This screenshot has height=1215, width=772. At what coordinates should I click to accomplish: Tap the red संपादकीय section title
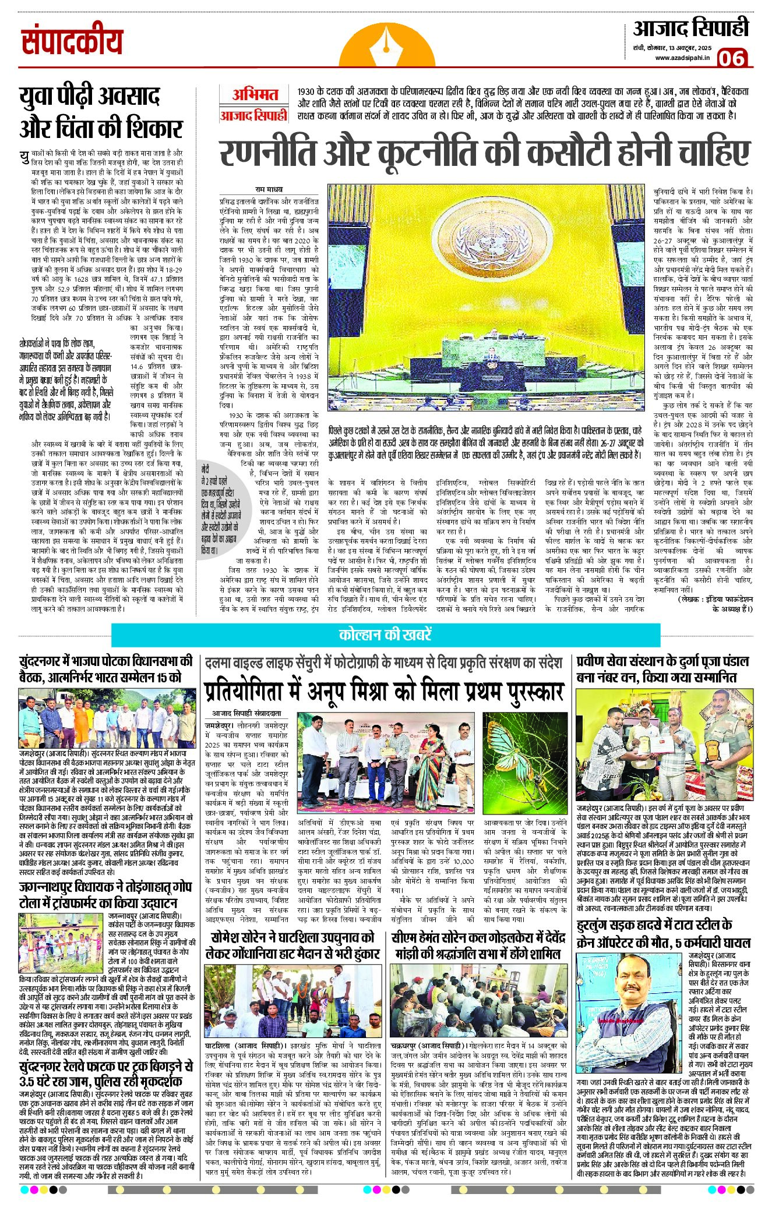coord(72,42)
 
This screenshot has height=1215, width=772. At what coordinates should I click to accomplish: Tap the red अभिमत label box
coord(254,94)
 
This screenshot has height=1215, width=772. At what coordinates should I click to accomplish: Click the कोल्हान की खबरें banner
coord(386,635)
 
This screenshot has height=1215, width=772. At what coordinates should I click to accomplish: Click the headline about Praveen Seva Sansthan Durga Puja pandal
coord(662,670)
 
